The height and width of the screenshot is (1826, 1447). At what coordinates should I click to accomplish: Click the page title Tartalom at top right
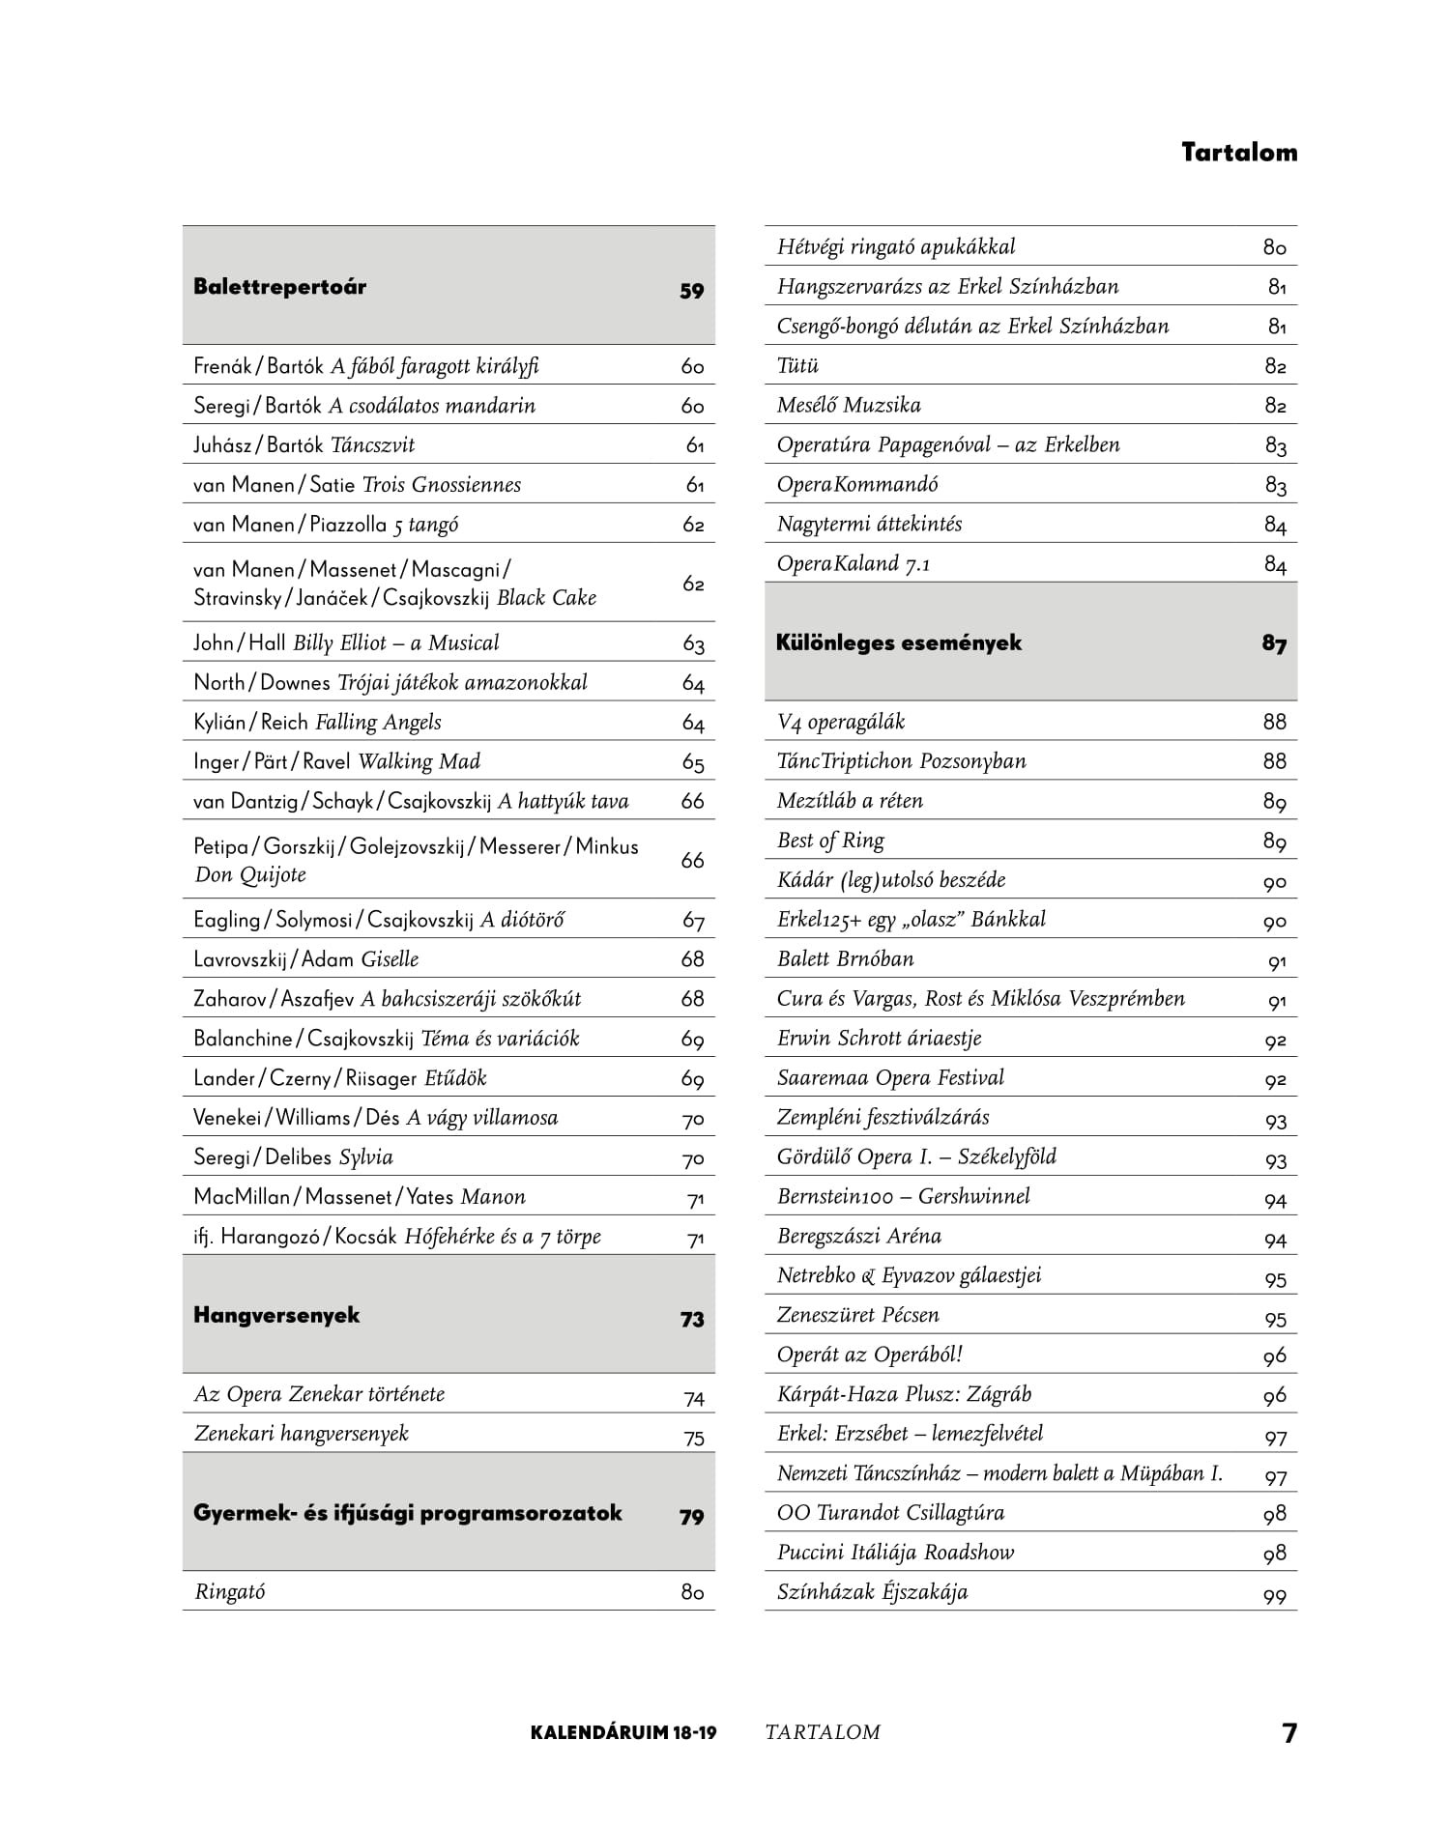pos(1238,153)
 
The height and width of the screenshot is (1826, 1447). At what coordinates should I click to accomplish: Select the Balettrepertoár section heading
pos(279,287)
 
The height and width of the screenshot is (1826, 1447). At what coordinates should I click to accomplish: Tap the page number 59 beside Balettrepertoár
pos(691,291)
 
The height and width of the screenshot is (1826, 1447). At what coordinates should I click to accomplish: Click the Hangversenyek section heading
pos(276,1315)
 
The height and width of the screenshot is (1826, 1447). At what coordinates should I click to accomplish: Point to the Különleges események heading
pos(898,642)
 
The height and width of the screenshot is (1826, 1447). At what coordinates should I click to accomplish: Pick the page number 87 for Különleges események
pos(1273,644)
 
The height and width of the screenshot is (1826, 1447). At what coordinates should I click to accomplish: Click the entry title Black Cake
pos(546,598)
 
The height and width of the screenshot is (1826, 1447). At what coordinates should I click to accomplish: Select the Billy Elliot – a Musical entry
pos(396,643)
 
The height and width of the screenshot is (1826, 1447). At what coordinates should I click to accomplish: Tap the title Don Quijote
pos(250,875)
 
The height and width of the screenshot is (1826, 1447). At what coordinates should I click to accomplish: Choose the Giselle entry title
pos(390,959)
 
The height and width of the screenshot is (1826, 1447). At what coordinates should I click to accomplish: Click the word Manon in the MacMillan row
pos(493,1197)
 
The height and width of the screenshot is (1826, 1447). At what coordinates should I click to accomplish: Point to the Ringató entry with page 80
pos(229,1592)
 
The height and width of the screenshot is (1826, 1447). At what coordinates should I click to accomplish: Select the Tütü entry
pos(797,366)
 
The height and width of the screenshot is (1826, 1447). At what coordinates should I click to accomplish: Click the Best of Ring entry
pos(830,841)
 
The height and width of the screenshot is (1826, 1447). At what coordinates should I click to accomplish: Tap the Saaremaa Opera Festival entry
pos(890,1078)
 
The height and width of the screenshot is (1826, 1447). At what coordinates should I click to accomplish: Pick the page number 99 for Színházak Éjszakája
pos(1274,1596)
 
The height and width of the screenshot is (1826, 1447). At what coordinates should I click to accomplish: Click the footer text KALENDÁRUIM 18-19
pos(623,1732)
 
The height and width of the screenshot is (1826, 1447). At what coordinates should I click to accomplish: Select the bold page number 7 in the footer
pos(1289,1733)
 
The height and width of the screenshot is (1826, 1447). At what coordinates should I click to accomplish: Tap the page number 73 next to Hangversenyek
pos(691,1320)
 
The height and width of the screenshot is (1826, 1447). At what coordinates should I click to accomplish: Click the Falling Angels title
pos(378,723)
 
